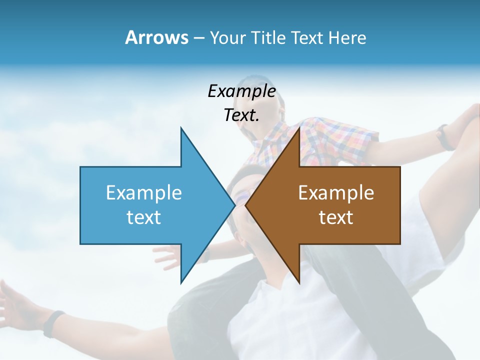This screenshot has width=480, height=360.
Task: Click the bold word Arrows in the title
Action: (x=156, y=37)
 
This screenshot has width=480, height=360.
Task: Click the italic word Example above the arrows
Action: (x=241, y=91)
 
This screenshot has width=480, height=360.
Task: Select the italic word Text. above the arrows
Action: (x=241, y=115)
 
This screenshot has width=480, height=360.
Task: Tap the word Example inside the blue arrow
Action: (x=144, y=192)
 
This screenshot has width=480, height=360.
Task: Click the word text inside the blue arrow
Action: (x=144, y=217)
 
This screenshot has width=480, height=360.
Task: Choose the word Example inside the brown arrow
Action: (x=336, y=192)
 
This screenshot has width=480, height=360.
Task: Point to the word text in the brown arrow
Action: (x=336, y=217)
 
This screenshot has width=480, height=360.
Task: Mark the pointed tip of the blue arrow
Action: (x=235, y=205)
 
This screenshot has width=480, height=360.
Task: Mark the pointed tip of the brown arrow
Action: (x=245, y=205)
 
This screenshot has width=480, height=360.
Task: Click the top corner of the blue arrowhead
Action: (x=181, y=128)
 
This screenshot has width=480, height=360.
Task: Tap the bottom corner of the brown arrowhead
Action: (x=299, y=283)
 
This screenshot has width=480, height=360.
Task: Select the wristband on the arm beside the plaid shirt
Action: (x=443, y=137)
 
